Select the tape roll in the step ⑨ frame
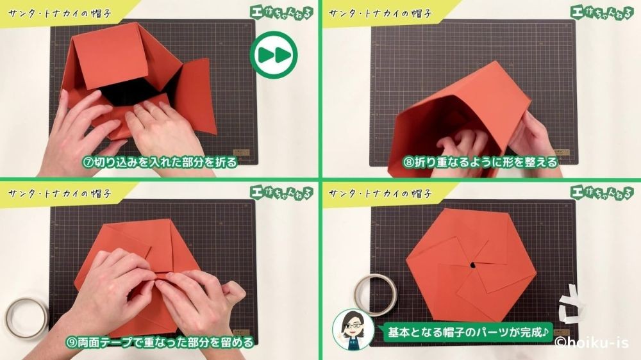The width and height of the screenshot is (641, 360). click(26, 316)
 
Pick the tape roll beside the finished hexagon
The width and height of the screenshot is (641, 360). click(374, 293)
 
